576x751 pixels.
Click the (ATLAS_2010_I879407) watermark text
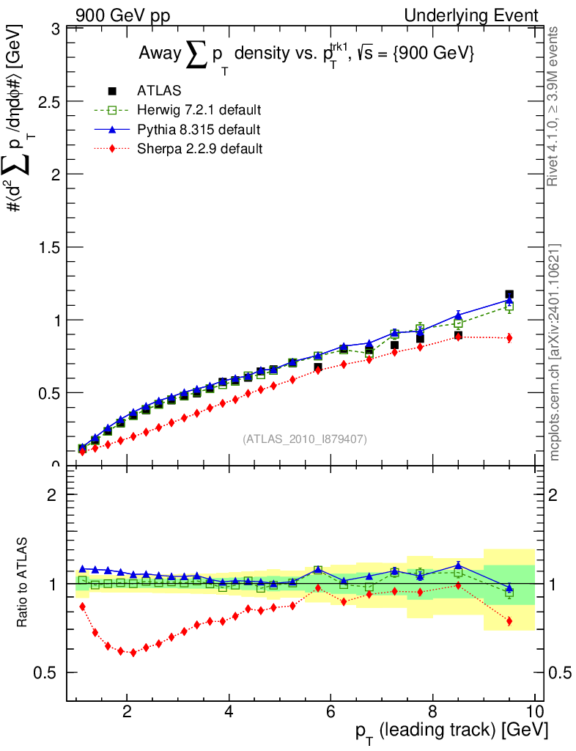pyautogui.click(x=305, y=439)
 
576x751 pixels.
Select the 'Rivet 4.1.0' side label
pyautogui.click(x=555, y=106)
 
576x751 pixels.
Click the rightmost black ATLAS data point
pyautogui.click(x=509, y=294)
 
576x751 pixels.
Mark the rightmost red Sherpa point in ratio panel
pyautogui.click(x=509, y=621)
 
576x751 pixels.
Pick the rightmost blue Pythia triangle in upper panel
pyautogui.click(x=509, y=300)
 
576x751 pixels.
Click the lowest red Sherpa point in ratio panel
pyautogui.click(x=133, y=652)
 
